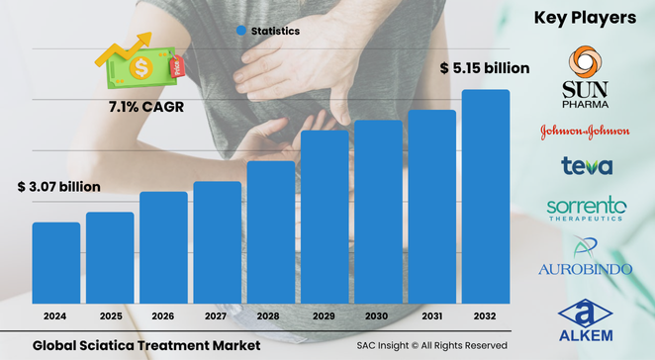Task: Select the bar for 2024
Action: tap(56, 263)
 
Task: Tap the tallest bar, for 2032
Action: tap(486, 197)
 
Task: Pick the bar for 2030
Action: tap(378, 212)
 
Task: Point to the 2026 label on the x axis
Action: tap(163, 316)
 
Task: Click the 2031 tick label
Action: tap(432, 316)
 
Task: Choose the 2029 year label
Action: tap(325, 316)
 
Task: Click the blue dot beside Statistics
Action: tap(240, 31)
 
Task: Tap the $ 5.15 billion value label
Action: tap(485, 68)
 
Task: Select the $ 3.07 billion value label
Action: tap(58, 186)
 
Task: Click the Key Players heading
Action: tap(585, 17)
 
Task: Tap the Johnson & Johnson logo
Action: tap(584, 131)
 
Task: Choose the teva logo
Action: tap(586, 166)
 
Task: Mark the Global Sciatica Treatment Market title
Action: tap(145, 345)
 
